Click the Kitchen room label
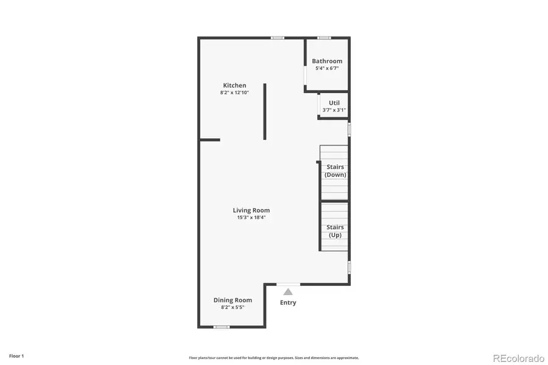pos(234,85)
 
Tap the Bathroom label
pos(327,61)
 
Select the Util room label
pos(334,103)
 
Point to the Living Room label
pos(251,210)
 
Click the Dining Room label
pos(232,300)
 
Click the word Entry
pos(288,302)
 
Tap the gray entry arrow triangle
pos(288,292)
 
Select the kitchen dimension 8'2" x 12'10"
pos(234,92)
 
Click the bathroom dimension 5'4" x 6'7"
pos(327,68)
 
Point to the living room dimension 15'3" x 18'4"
pos(251,217)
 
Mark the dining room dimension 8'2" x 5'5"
pos(232,307)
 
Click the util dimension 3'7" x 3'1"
pos(334,110)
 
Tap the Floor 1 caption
pos(16,355)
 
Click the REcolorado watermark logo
pos(518,357)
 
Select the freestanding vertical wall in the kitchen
pos(265,111)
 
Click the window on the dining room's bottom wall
pos(222,327)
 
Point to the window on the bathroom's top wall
pos(324,38)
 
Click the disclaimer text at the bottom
pos(273,358)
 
